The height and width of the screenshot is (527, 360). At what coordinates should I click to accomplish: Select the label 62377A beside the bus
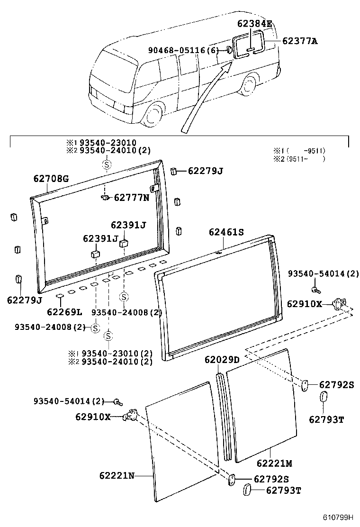pos(299,41)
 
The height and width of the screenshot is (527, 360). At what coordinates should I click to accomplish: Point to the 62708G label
pos(51,179)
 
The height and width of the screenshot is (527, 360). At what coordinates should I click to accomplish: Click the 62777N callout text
pos(131,198)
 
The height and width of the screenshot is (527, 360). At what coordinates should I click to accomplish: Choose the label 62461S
pos(226,232)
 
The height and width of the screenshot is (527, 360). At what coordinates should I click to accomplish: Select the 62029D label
pos(222,360)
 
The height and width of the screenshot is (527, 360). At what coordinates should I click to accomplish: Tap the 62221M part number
pos(274,463)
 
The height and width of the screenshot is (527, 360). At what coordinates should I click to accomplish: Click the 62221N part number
pos(117,475)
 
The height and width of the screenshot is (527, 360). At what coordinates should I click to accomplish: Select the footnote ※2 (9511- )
pos(298,159)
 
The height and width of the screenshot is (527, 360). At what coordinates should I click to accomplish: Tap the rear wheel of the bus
pos(249,88)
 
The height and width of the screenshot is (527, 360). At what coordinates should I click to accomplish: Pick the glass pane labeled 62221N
pos(182,441)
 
